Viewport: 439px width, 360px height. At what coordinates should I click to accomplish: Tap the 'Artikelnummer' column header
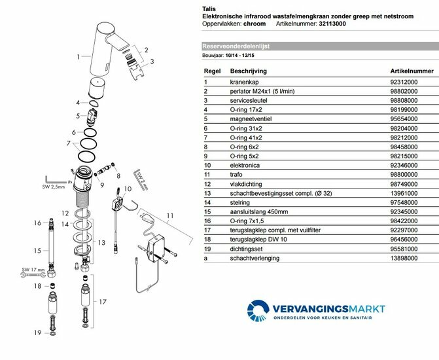coord(412,68)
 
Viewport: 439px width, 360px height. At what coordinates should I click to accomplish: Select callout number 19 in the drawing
coord(38,333)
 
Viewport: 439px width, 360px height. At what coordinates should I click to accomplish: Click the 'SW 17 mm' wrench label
coord(32,269)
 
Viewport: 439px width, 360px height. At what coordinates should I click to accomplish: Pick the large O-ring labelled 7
coord(88,155)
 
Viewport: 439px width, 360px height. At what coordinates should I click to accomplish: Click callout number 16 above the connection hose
coord(38,223)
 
